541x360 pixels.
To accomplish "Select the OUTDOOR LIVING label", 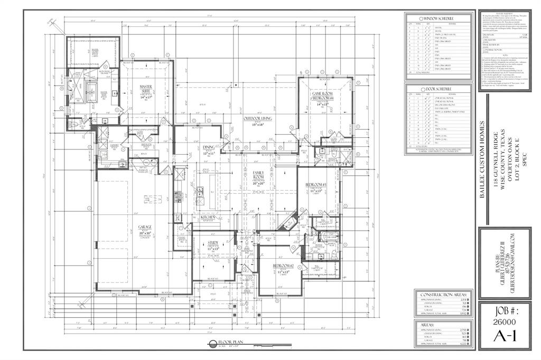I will [257, 119].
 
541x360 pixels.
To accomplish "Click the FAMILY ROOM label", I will [258, 176].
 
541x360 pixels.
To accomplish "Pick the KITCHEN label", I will [208, 217].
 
